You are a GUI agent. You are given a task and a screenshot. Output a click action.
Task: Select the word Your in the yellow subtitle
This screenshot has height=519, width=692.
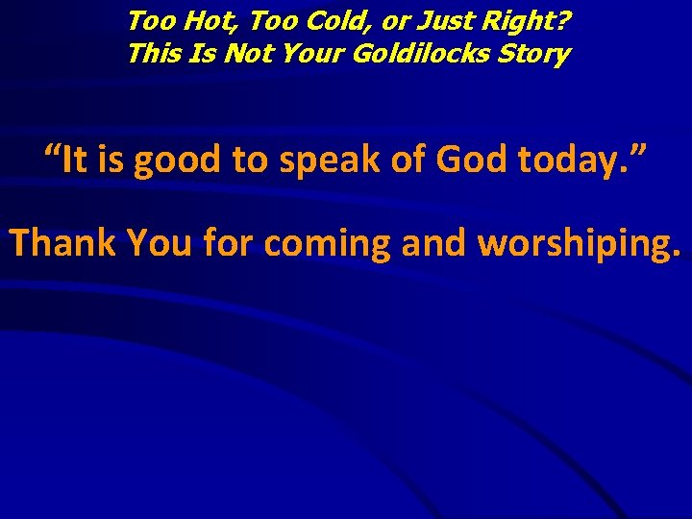coord(311,54)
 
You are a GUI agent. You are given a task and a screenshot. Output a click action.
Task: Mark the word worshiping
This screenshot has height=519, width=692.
coord(579,245)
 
